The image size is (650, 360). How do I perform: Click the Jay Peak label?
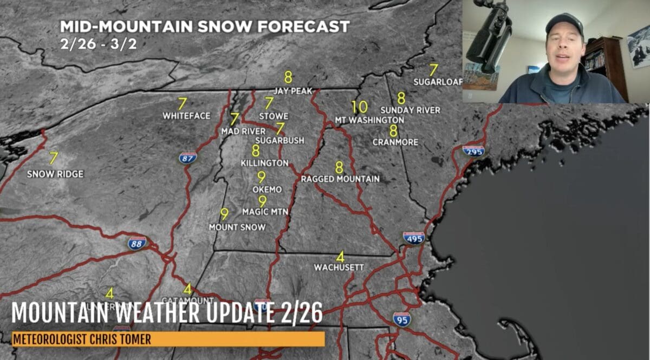[x=293, y=91]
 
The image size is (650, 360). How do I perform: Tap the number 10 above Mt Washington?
[x=359, y=107]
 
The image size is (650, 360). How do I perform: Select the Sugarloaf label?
[x=438, y=82]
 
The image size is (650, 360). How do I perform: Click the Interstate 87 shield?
[x=187, y=158]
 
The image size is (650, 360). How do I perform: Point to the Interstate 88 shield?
[x=137, y=243]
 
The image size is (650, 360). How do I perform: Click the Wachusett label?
[x=339, y=267]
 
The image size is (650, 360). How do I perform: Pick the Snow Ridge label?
[x=55, y=174]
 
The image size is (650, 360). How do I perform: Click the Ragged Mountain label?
[x=340, y=179]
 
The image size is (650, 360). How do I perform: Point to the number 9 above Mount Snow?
[x=224, y=214]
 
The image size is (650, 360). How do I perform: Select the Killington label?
[x=264, y=163]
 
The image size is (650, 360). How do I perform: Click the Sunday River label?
[x=410, y=110]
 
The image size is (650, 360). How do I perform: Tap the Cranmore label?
[x=395, y=142]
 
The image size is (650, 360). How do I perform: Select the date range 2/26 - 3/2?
[x=98, y=43]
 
